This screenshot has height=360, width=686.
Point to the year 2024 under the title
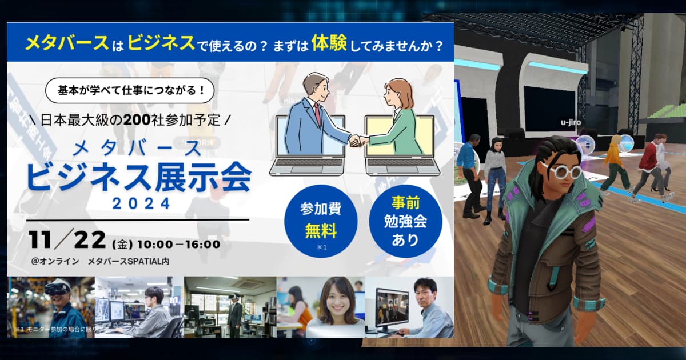point(141,203)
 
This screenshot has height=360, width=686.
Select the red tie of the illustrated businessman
point(316,114)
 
